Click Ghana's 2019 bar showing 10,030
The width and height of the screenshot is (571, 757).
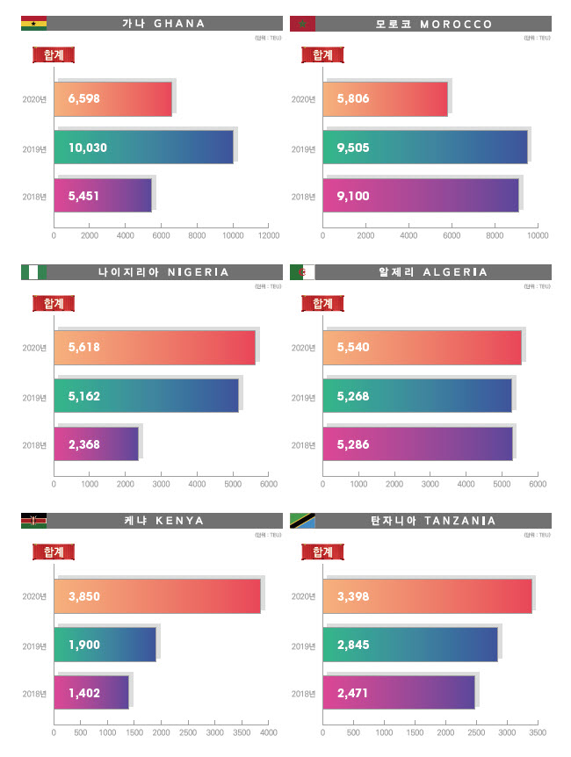pos(144,147)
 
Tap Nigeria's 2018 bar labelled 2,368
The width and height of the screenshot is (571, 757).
pos(96,444)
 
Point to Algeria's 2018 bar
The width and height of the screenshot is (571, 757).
pos(417,444)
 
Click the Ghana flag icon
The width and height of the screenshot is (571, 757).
pos(33,24)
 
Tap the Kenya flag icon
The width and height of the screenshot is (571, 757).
pos(33,521)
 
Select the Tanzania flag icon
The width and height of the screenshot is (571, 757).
pos(302,521)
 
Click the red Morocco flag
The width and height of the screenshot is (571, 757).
pos(302,24)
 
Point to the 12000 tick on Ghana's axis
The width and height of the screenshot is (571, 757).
pos(269,235)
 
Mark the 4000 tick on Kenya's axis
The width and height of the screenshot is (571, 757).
pos(269,732)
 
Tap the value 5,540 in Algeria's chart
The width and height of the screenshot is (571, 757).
pos(353,347)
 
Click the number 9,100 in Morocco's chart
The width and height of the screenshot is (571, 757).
pos(353,196)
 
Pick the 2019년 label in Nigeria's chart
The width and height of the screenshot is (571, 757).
pos(34,397)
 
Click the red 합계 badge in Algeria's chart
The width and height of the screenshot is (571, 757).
pos(322,303)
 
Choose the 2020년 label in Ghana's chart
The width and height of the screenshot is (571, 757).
pos(34,98)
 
